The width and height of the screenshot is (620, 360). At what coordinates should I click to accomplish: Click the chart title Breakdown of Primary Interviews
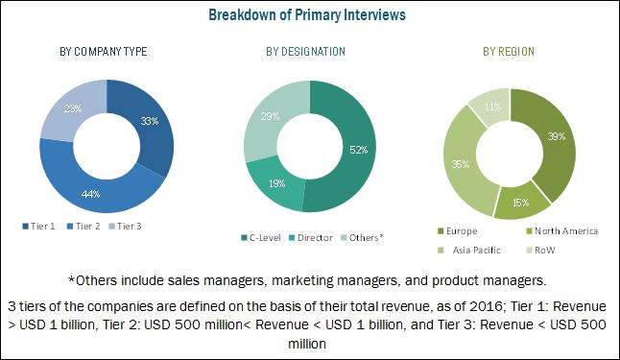coord(309,14)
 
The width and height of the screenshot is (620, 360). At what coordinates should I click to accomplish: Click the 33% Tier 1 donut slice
coord(149,123)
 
